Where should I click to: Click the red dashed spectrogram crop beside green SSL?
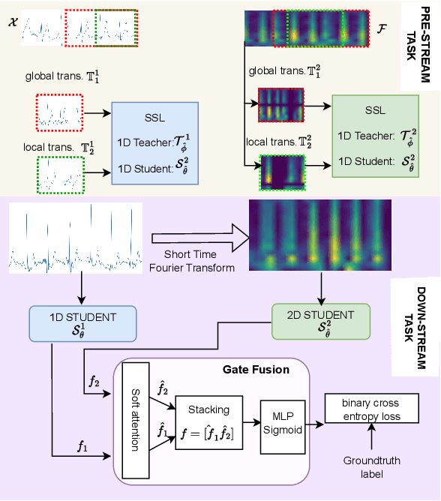coord(279,105)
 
